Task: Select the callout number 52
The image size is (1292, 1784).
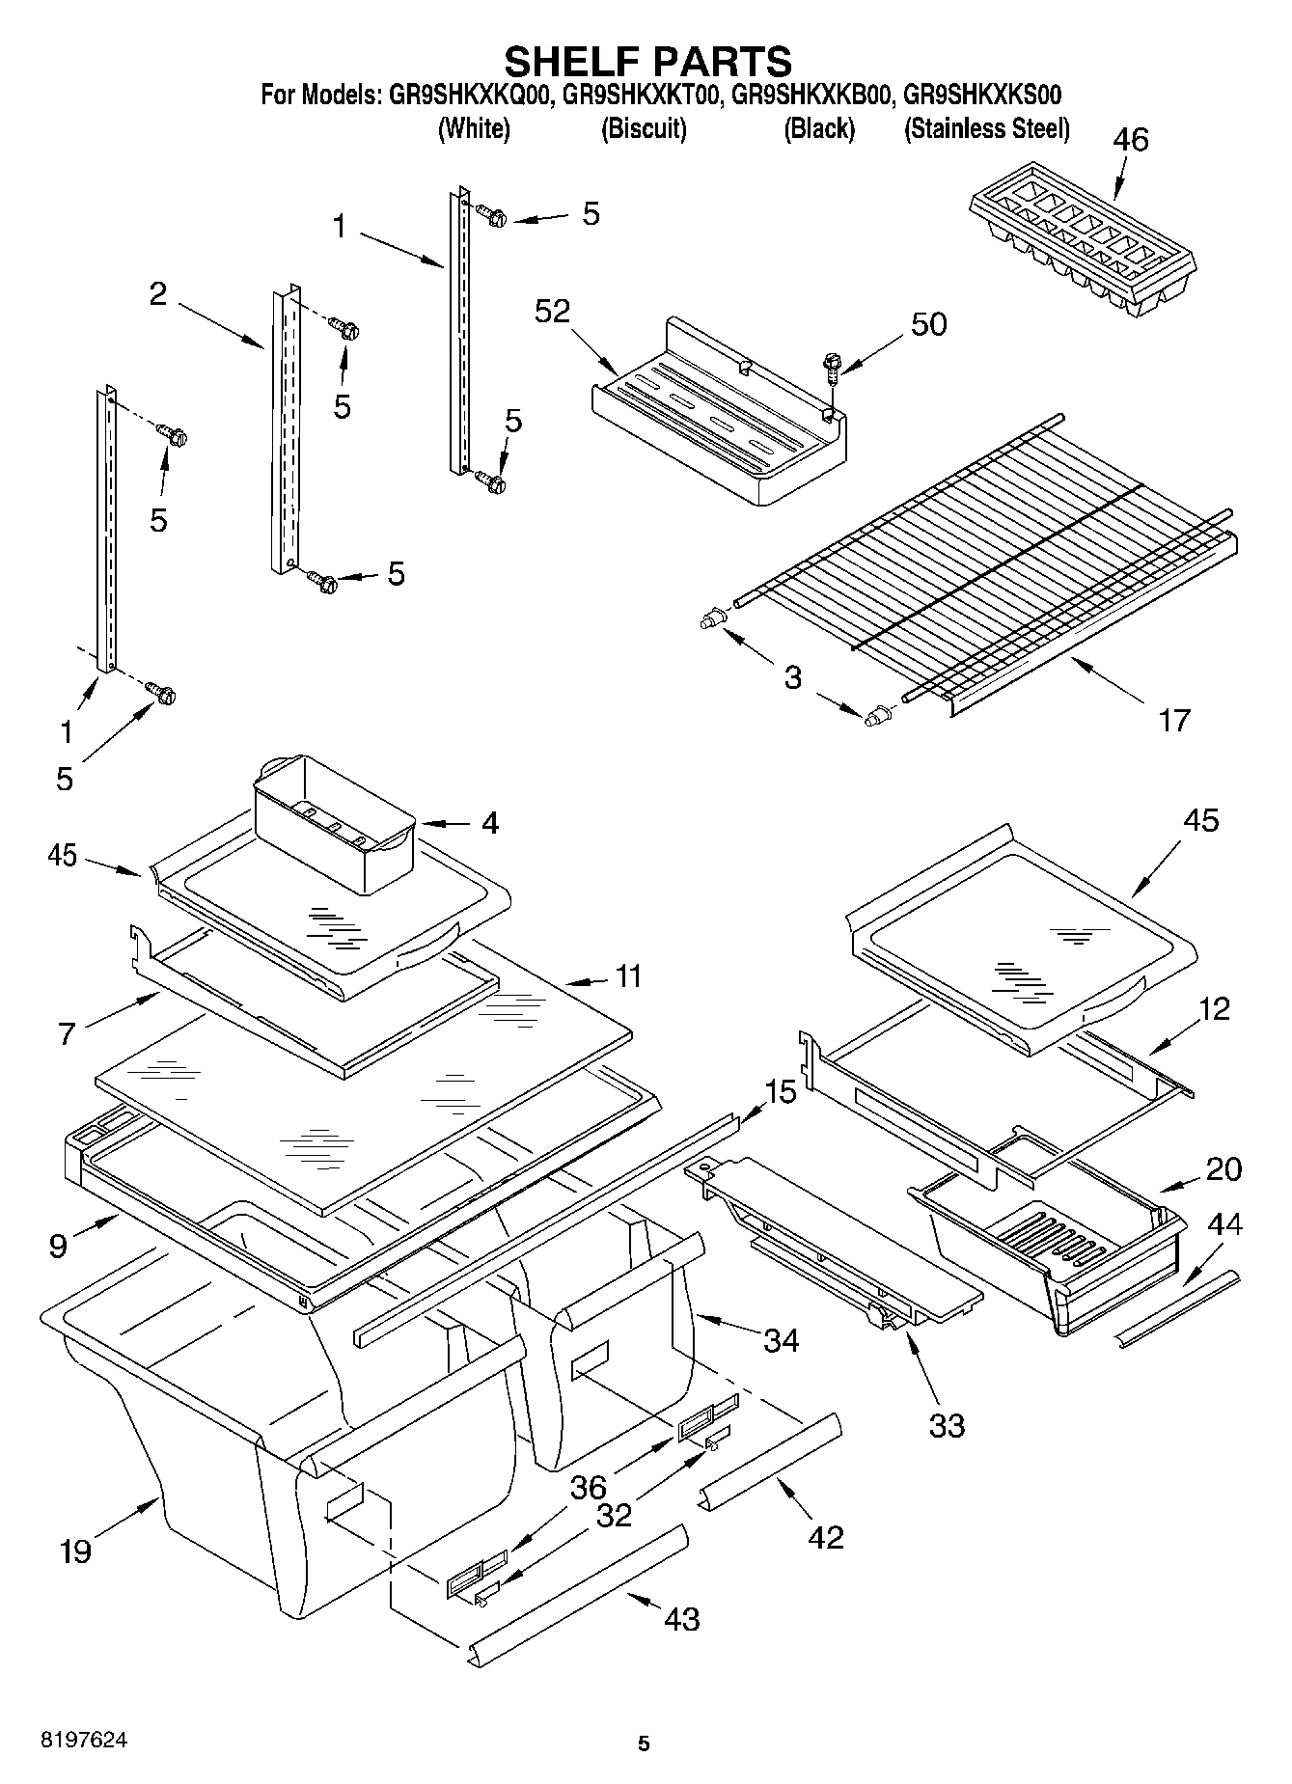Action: (554, 311)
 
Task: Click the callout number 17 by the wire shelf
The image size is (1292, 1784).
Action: (1173, 720)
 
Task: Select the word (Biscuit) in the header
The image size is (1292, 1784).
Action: (644, 128)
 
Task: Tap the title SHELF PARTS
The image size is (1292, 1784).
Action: (647, 61)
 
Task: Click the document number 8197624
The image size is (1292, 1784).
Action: (83, 1742)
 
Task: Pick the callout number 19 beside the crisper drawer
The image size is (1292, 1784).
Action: (75, 1551)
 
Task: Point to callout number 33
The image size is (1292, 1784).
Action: (946, 1425)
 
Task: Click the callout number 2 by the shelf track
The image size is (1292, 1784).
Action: (158, 293)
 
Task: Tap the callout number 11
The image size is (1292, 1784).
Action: (628, 975)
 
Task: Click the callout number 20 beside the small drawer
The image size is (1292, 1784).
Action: (1223, 1169)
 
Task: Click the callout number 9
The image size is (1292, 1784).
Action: (58, 1246)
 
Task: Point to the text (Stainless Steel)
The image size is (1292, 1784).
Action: (986, 128)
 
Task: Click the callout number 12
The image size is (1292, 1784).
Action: (1214, 1009)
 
